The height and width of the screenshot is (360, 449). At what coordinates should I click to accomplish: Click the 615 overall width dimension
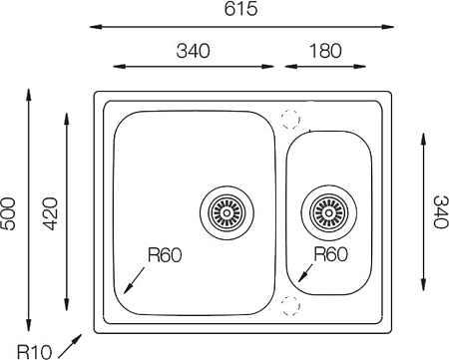tap(240, 9)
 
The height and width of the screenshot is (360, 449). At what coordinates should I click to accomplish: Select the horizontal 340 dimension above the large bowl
tap(193, 51)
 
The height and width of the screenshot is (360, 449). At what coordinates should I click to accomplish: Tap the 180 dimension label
tap(325, 51)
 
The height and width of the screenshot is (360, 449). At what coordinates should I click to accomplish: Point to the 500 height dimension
tap(8, 213)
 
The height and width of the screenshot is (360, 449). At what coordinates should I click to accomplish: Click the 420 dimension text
tap(51, 213)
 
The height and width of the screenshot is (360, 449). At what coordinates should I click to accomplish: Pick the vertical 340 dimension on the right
tap(441, 211)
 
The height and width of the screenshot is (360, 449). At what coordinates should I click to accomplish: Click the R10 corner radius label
tap(34, 352)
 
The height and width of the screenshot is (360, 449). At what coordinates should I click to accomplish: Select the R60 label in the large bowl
tap(165, 255)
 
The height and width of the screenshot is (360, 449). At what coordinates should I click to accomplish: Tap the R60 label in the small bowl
tap(330, 254)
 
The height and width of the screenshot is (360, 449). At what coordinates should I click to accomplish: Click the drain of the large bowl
tap(226, 212)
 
